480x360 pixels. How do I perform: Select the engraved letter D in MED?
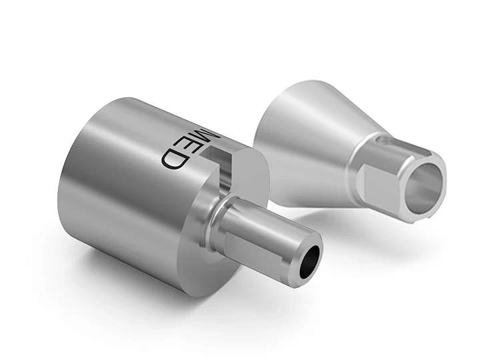[173, 158]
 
